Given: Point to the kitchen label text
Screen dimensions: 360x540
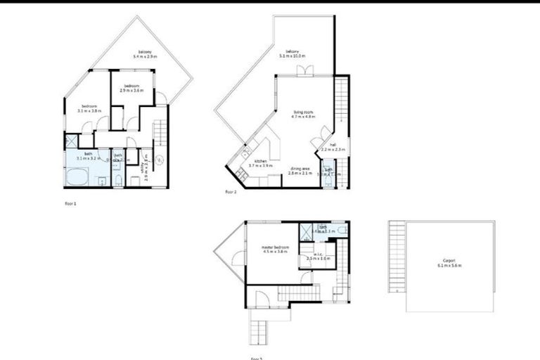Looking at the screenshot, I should pyautogui.click(x=261, y=163).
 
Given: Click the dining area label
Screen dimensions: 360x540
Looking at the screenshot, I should pyautogui.click(x=300, y=170).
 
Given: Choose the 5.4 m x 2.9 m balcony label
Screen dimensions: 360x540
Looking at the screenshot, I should pyautogui.click(x=146, y=52).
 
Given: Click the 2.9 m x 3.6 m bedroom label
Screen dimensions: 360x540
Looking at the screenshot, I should pyautogui.click(x=131, y=88).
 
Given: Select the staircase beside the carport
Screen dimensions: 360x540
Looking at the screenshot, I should pyautogui.click(x=397, y=257).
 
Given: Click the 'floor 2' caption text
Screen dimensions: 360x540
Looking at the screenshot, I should pyautogui.click(x=231, y=191).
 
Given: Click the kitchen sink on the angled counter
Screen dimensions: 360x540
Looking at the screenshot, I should pyautogui.click(x=245, y=153).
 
